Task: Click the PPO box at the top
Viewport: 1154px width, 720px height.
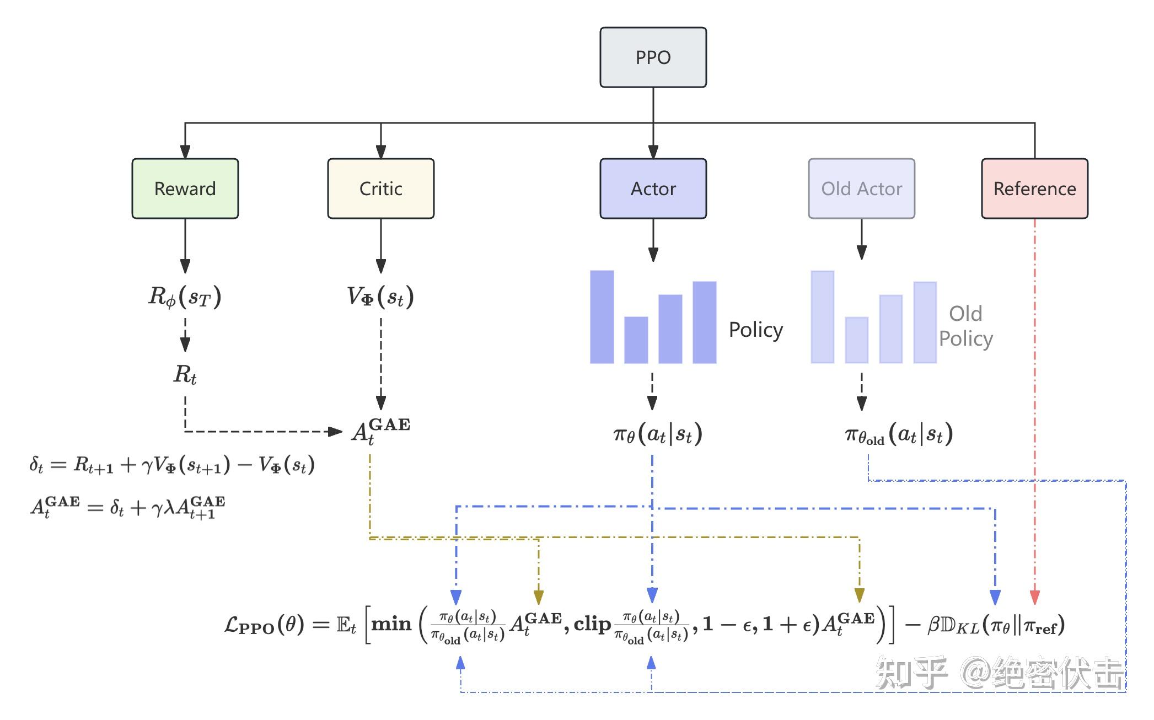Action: pyautogui.click(x=653, y=57)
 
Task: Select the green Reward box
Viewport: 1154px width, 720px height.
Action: pyautogui.click(x=185, y=189)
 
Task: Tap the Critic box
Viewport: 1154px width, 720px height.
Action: pyautogui.click(x=381, y=189)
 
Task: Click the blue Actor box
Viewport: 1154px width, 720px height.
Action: pyautogui.click(x=653, y=189)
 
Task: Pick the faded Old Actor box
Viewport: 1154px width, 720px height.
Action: pyautogui.click(x=862, y=189)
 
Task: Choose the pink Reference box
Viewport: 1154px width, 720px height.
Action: pyautogui.click(x=1035, y=189)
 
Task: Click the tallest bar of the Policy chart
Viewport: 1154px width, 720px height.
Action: pyautogui.click(x=602, y=317)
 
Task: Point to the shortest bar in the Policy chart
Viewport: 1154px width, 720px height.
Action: pyautogui.click(x=636, y=340)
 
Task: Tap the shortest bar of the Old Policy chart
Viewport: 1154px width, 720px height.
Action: pyautogui.click(x=857, y=340)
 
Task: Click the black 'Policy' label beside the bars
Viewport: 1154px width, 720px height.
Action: pyautogui.click(x=756, y=330)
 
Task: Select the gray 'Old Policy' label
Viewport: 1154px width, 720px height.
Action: pyautogui.click(x=966, y=326)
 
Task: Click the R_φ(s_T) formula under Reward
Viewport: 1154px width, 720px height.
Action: pyautogui.click(x=185, y=297)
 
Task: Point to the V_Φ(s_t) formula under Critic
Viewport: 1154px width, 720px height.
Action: pyautogui.click(x=380, y=297)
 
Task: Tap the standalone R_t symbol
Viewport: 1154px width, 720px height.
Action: pyautogui.click(x=185, y=375)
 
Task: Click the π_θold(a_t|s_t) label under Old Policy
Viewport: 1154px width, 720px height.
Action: pyautogui.click(x=899, y=435)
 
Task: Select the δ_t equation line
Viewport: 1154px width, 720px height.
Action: pyautogui.click(x=172, y=465)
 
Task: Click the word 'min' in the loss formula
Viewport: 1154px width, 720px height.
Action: pyautogui.click(x=391, y=625)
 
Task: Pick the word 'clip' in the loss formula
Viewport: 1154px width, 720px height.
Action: pyautogui.click(x=593, y=625)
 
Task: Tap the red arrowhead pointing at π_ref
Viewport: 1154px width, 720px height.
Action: pyautogui.click(x=1035, y=597)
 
